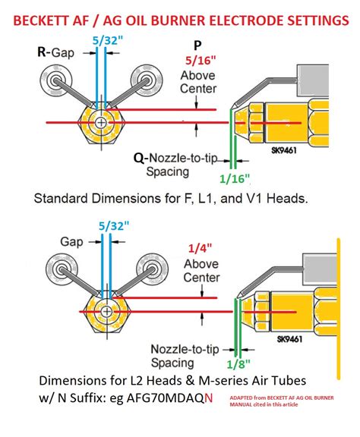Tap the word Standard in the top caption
[62, 200]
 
